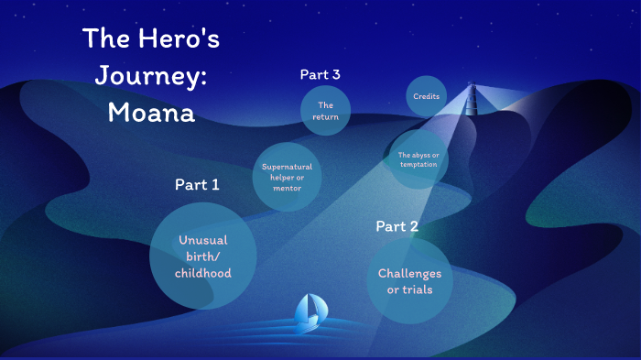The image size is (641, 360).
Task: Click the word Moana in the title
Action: (151, 113)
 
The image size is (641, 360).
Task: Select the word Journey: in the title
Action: (151, 76)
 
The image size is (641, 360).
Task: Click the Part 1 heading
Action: (197, 185)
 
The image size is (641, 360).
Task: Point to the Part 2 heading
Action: (397, 226)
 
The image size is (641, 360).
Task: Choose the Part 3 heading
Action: (326, 75)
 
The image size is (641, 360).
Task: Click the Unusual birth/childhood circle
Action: (203, 256)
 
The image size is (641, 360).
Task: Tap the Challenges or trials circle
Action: (409, 280)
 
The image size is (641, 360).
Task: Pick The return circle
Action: (326, 111)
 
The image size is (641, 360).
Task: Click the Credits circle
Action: (426, 96)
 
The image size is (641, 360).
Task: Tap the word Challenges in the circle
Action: (409, 273)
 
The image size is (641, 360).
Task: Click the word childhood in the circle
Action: (203, 273)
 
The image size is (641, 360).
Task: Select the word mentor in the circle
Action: (287, 188)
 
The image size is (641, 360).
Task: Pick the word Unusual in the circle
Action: (203, 240)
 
